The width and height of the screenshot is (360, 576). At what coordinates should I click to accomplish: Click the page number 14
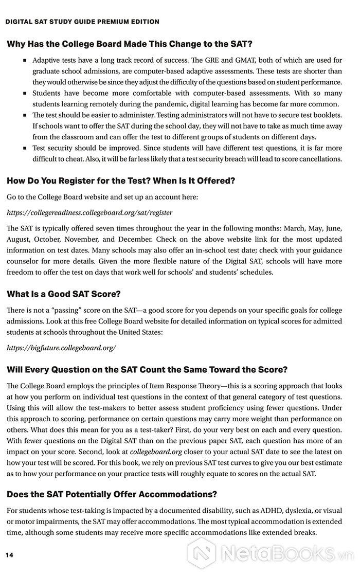[9, 555]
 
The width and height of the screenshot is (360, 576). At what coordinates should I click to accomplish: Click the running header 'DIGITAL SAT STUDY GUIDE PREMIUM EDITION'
[82, 22]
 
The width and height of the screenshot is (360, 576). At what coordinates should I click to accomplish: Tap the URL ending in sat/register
[89, 212]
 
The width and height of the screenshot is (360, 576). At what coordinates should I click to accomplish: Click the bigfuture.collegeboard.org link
[61, 348]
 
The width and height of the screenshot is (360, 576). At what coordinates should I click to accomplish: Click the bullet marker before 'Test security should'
[24, 148]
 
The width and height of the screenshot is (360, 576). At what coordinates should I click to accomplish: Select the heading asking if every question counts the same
[147, 370]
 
